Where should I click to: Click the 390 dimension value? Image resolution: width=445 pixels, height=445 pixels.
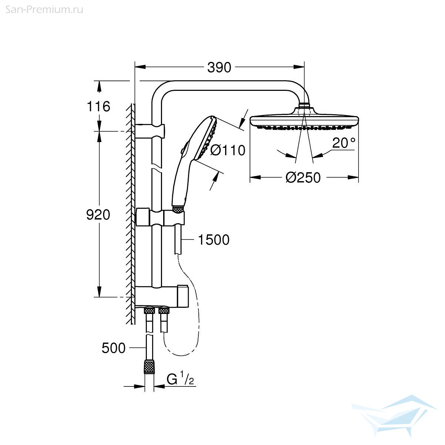click(x=219, y=67)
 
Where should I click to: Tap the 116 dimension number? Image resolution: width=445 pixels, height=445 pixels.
click(x=98, y=106)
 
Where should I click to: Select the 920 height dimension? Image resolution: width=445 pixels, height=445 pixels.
click(x=98, y=215)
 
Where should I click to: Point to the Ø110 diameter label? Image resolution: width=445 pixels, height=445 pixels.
click(x=228, y=150)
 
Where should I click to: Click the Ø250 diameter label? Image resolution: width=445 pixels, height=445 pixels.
click(x=303, y=178)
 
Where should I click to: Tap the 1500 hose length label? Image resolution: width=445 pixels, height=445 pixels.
click(x=214, y=240)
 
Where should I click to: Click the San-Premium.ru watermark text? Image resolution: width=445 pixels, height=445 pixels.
click(x=44, y=10)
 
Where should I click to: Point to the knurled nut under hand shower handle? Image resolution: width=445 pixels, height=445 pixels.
click(x=178, y=209)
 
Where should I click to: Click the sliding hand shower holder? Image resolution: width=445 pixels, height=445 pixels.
click(x=161, y=217)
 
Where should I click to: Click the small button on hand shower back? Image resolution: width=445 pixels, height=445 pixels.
click(x=182, y=151)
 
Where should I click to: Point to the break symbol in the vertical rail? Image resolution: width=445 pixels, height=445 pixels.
click(x=157, y=167)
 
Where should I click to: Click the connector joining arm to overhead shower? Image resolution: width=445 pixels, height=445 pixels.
click(x=304, y=105)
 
